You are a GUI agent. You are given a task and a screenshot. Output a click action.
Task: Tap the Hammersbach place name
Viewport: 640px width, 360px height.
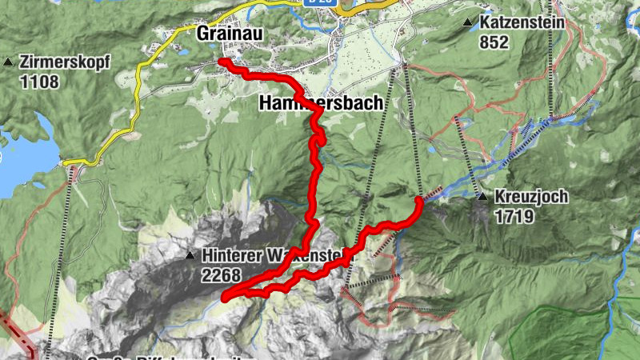pyautogui.click(x=315, y=104)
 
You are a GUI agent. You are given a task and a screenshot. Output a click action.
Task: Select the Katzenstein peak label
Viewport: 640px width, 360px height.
pyautogui.click(x=522, y=23)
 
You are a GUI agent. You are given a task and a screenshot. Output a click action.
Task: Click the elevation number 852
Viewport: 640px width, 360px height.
pyautogui.click(x=494, y=42)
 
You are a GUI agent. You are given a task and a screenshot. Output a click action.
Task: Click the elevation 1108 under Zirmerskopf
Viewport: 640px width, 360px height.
pyautogui.click(x=38, y=81)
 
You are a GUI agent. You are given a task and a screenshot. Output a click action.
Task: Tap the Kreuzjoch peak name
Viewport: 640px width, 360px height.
pyautogui.click(x=530, y=197)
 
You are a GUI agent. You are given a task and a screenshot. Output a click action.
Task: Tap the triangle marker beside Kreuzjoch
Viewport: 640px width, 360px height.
pyautogui.click(x=482, y=197)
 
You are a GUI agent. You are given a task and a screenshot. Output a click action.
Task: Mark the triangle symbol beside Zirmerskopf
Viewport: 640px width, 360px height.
pyautogui.click(x=9, y=62)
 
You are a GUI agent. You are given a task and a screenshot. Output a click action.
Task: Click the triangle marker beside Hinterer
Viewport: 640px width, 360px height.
pyautogui.click(x=190, y=257)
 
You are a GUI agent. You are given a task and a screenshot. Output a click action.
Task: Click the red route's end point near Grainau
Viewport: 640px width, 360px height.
pyautogui.click(x=223, y=62)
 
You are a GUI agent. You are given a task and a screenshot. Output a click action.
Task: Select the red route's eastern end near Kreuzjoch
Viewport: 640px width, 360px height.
pyautogui.click(x=419, y=200)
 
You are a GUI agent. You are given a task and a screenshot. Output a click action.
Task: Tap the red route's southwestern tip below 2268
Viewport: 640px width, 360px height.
pyautogui.click(x=226, y=298)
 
